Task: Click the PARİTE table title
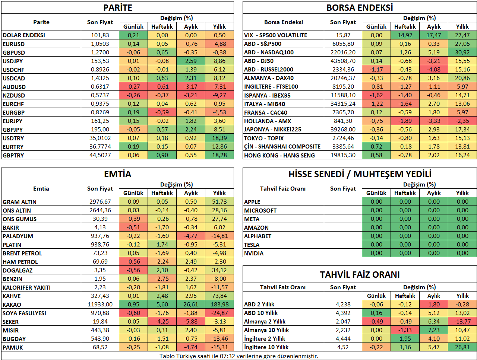coord(117,8)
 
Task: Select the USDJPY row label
coord(13,61)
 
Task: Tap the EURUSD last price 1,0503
coord(100,44)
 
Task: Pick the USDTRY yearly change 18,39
coord(219,138)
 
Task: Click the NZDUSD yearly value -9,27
coord(219,95)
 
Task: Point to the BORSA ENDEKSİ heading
coord(360,8)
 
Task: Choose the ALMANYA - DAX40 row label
coord(269,78)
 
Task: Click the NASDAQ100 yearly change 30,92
coord(462,52)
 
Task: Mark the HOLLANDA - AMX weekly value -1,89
coord(405,121)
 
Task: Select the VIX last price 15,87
coord(343,35)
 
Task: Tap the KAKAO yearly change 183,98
coord(219,305)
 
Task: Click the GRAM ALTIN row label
coord(19,202)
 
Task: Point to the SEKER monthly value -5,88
coord(191,322)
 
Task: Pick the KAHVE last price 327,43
coord(100,296)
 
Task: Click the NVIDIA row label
coord(254,254)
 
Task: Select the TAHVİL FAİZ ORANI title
coord(360,275)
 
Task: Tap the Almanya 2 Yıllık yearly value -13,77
coord(462,322)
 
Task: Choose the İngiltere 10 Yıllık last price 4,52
coord(343,347)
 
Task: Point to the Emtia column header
coord(41,189)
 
